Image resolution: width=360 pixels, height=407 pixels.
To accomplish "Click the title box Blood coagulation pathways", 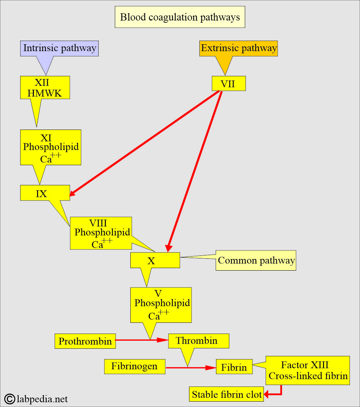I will (x=180, y=17).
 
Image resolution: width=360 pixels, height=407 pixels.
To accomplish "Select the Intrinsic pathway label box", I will (x=59, y=48).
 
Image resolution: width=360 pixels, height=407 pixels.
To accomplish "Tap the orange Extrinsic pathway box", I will (x=239, y=48).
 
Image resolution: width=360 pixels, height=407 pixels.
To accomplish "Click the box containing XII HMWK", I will (x=45, y=87).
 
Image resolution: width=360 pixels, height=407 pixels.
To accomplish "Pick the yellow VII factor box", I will (x=228, y=83).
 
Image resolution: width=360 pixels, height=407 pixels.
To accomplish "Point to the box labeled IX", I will (x=42, y=193).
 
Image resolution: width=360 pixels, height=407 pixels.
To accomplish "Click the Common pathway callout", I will (x=256, y=261).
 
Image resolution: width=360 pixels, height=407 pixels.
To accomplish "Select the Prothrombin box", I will (x=85, y=341).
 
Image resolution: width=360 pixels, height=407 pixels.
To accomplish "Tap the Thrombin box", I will (x=198, y=341).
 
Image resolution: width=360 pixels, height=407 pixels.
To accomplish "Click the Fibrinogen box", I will (x=134, y=367).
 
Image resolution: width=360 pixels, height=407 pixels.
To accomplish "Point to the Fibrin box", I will (x=234, y=367).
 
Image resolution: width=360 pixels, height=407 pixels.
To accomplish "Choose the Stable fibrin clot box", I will (x=227, y=394).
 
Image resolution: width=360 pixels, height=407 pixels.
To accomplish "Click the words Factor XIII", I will (x=305, y=365).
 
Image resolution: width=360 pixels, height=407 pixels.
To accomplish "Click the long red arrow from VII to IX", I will (x=144, y=143).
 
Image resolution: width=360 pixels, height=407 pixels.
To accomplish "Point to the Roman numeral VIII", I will (x=98, y=223).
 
